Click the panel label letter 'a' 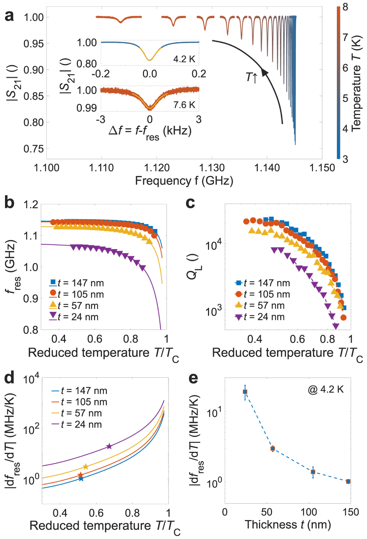tap(9, 16)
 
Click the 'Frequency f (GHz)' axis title tap(184, 181)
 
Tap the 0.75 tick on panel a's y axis tap(34, 149)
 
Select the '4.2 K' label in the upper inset tap(184, 59)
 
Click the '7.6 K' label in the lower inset tap(184, 105)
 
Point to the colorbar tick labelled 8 tap(345, 7)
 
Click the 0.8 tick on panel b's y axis tap(31, 330)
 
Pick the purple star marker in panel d tap(109, 446)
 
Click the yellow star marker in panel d tap(85, 466)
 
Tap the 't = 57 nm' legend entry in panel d tap(81, 413)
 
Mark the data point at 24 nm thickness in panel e tap(245, 392)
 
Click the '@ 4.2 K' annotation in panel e tap(326, 389)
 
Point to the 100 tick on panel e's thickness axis tap(308, 512)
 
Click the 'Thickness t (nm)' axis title tap(288, 524)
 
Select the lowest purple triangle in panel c tap(336, 326)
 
